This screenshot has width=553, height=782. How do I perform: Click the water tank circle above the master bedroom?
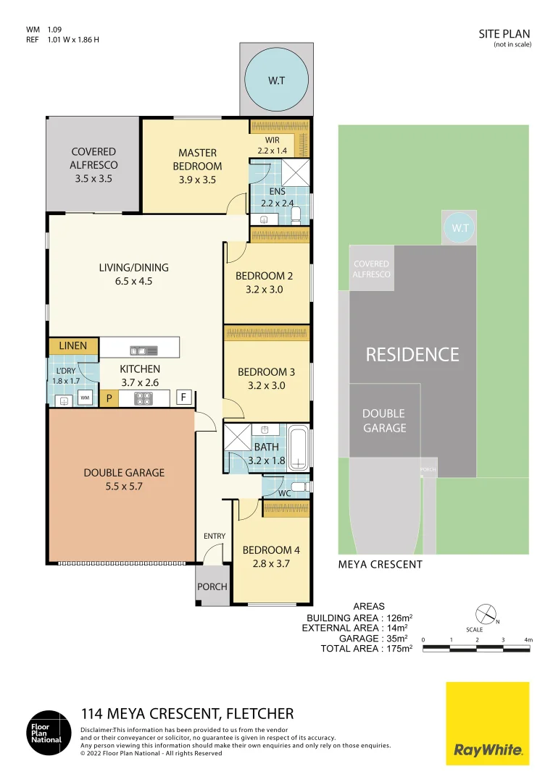coord(276,80)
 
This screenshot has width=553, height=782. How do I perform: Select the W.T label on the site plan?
coord(460,228)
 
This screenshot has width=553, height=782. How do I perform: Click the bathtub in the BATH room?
coord(299,448)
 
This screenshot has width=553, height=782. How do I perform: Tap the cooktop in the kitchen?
coord(143,398)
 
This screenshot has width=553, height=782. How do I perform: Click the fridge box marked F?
coord(185,398)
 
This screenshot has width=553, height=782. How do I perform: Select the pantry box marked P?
coord(109,398)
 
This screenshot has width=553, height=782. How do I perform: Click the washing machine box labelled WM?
coord(85,398)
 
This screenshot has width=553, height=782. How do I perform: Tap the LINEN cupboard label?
coord(73,346)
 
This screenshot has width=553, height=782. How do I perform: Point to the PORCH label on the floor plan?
coord(212,586)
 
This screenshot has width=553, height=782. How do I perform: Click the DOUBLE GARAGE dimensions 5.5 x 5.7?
coord(124,487)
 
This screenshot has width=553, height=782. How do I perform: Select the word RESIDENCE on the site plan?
coord(412,354)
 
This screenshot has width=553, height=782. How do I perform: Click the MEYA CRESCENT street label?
coord(380,564)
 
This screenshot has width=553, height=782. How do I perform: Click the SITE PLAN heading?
coord(504,33)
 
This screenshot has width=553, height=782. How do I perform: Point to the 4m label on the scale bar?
coord(528,639)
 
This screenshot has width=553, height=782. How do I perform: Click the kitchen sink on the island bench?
coord(143,350)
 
